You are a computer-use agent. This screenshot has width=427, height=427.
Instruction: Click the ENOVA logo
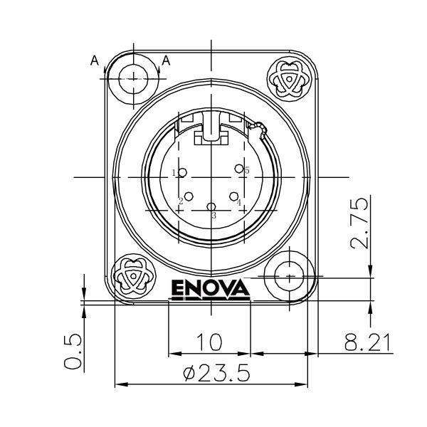point(210,290)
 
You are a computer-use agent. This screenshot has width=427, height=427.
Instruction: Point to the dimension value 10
point(209,343)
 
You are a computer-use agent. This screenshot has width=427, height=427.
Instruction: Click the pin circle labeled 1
point(183,173)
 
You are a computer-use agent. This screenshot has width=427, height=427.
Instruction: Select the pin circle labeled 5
point(239,169)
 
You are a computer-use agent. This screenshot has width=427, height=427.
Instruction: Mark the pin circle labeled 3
point(211,207)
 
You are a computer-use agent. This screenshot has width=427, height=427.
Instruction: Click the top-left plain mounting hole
point(133,77)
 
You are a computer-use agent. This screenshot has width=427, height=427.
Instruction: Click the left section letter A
point(94,61)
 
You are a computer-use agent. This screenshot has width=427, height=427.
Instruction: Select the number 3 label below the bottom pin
point(213,215)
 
